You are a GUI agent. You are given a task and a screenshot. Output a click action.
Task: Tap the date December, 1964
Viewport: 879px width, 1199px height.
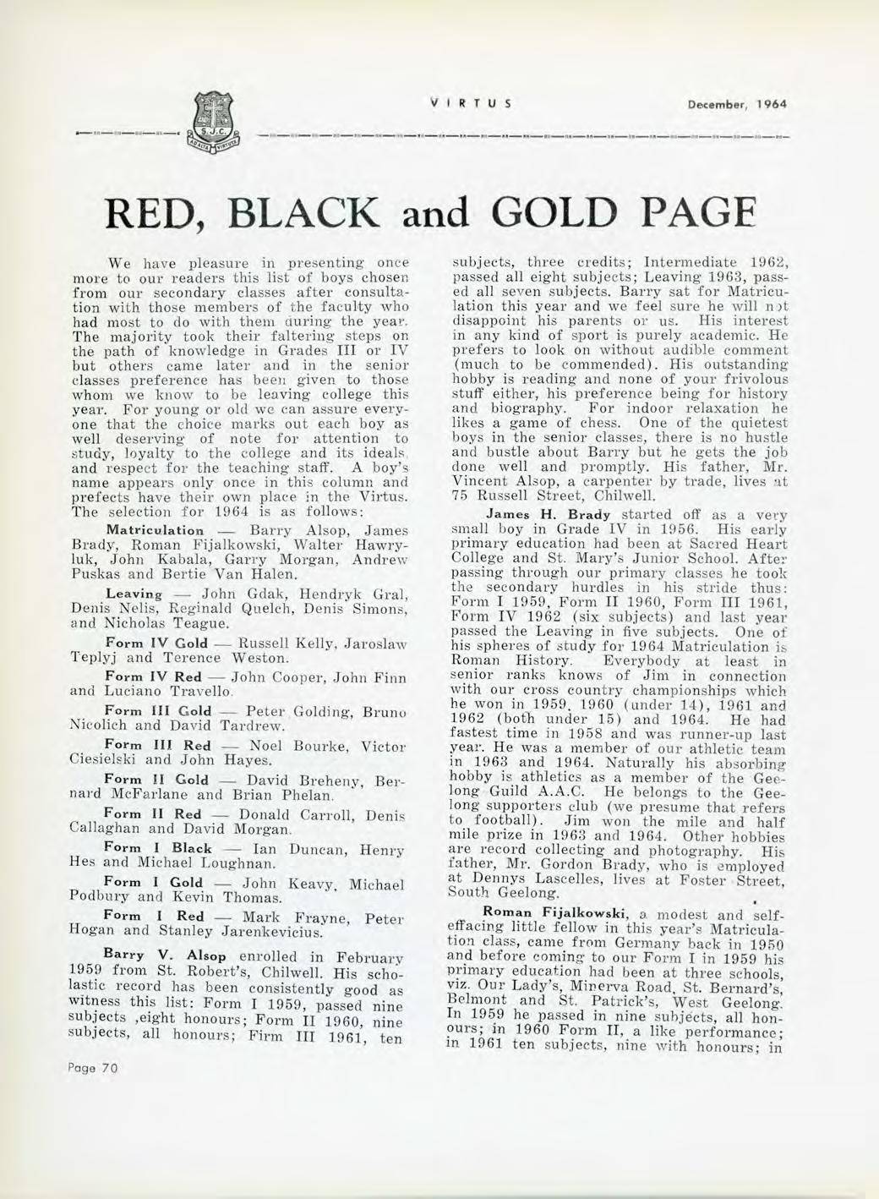pyautogui.click(x=743, y=104)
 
